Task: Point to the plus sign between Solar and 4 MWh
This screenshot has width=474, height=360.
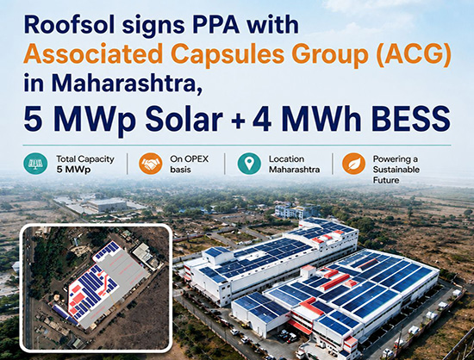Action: click(239, 121)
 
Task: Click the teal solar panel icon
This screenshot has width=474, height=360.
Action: click(35, 164)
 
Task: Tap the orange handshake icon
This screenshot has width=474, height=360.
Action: click(150, 164)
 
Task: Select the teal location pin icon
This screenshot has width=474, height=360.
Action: click(249, 164)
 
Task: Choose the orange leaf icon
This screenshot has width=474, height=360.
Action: click(353, 164)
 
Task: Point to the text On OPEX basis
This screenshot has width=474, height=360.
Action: click(190, 164)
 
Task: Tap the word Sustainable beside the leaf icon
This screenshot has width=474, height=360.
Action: click(396, 170)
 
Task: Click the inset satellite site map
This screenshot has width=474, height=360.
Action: click(96, 289)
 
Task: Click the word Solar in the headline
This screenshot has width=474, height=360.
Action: click(184, 118)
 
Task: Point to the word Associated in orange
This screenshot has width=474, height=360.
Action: click(93, 53)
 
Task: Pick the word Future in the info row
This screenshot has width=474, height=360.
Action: click(386, 180)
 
